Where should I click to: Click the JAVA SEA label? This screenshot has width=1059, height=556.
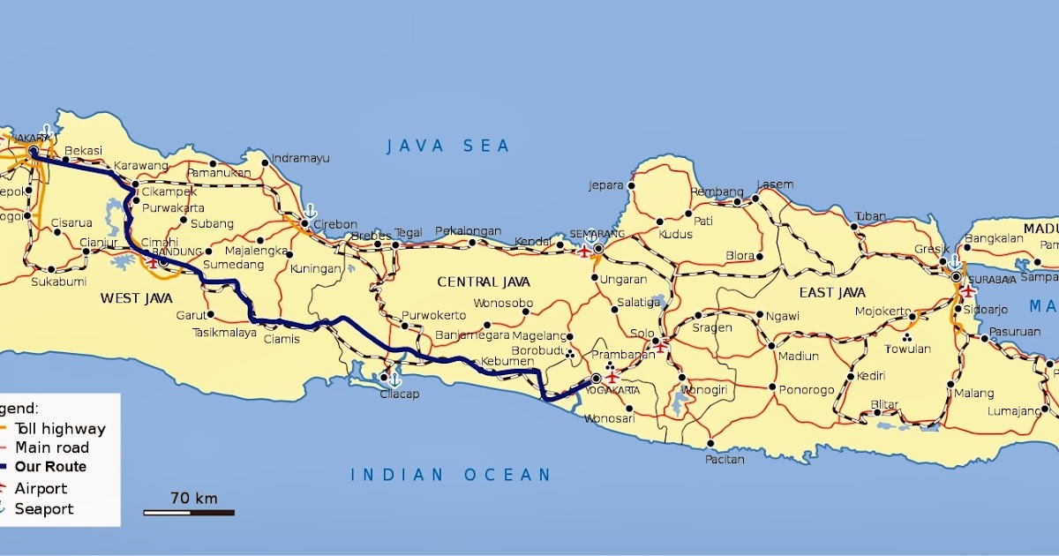(x=448, y=147)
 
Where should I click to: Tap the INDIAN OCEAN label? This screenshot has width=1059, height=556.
(x=451, y=475)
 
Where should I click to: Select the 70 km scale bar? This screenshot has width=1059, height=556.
(x=189, y=511)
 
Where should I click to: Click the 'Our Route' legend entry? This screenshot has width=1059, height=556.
(x=50, y=467)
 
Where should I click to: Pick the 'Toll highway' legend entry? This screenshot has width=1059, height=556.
(x=59, y=429)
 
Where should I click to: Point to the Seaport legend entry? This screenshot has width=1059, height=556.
(x=44, y=508)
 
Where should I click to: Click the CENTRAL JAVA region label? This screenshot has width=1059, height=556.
(x=484, y=282)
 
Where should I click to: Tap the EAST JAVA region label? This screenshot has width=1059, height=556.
(x=832, y=292)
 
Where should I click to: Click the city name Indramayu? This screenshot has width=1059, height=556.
(x=300, y=158)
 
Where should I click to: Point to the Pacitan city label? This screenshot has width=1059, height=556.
(x=724, y=459)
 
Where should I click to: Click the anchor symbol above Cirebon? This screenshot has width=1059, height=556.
(x=310, y=210)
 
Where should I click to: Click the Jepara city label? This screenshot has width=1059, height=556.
(x=606, y=185)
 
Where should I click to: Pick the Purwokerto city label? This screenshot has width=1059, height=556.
(x=433, y=315)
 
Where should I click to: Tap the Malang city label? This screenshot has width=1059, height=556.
(x=974, y=393)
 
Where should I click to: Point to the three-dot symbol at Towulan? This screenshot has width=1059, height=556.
(x=907, y=336)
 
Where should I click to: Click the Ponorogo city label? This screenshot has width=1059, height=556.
(x=806, y=389)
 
